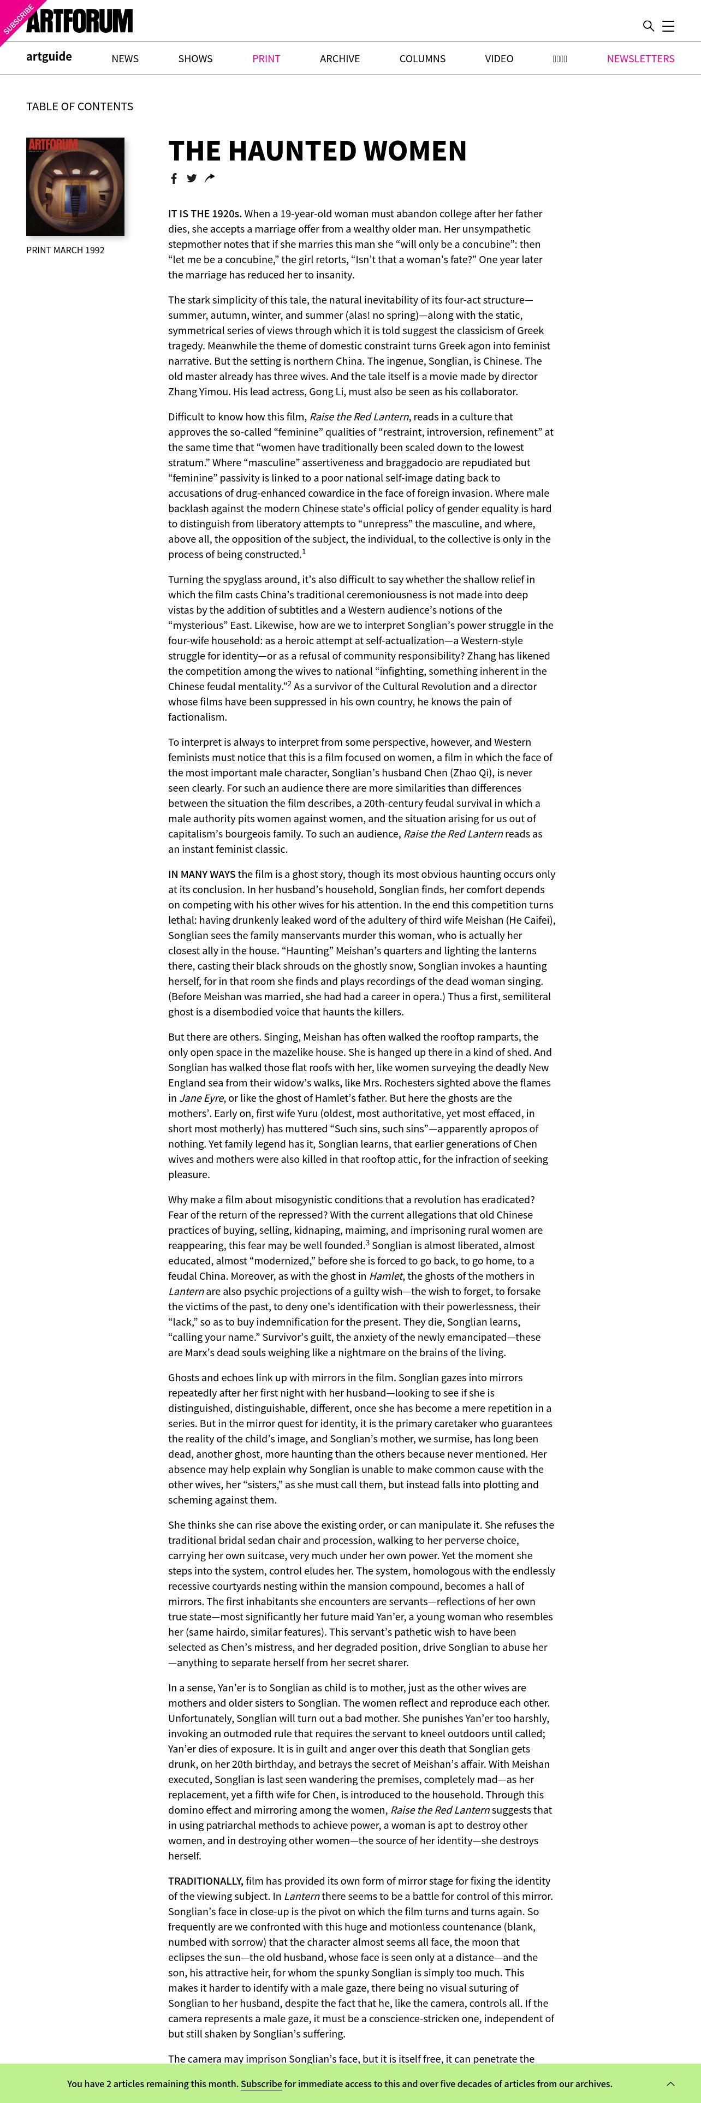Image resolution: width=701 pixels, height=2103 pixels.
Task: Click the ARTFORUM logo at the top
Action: point(79,21)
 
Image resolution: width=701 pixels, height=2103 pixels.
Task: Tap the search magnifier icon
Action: point(648,26)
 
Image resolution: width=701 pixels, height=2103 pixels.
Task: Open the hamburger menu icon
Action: point(668,26)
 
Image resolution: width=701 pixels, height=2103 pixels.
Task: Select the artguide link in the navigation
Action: point(49,56)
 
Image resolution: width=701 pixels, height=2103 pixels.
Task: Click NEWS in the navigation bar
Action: point(125,59)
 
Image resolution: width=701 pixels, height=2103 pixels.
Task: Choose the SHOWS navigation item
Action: point(195,59)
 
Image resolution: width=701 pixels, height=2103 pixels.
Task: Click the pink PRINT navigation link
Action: point(266,59)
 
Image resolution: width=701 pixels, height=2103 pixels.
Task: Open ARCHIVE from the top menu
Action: point(340,59)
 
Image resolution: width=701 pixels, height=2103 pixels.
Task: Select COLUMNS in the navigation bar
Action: point(422,59)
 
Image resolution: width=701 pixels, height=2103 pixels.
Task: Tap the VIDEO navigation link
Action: point(498,59)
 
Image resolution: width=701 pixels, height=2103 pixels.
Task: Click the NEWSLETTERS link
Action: point(640,59)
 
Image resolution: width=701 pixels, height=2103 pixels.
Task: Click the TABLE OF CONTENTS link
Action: point(79,106)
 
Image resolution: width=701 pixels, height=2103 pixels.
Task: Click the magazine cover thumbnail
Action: point(75,186)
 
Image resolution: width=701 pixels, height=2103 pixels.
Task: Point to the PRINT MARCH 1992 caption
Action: point(66,250)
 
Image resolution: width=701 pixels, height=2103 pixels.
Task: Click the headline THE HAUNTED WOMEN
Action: point(317,151)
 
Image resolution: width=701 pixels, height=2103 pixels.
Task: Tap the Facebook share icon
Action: point(173,179)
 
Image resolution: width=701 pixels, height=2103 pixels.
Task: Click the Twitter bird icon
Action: point(192,178)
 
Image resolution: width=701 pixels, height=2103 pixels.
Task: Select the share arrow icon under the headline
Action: point(210,178)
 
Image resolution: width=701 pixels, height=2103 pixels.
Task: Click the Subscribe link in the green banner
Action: point(261,2083)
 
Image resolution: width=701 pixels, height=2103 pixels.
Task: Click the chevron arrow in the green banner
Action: point(671,2083)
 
